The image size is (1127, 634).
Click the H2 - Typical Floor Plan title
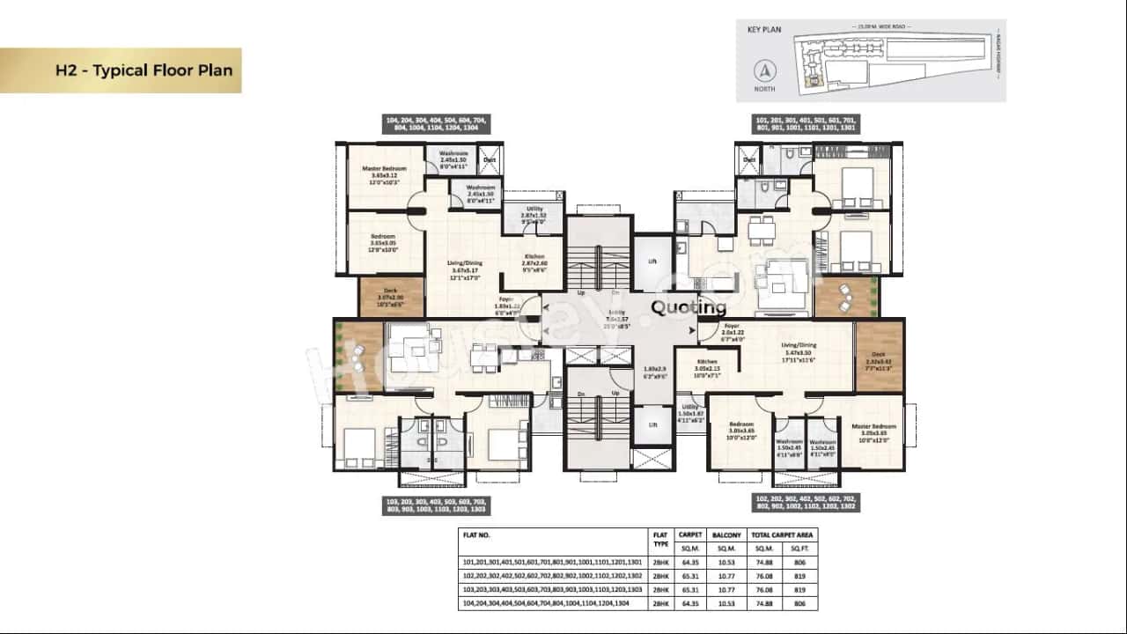pos(144,70)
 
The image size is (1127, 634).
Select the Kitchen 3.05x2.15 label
pos(707,365)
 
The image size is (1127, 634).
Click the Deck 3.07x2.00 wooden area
pos(390,298)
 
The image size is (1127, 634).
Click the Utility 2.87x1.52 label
pos(534,216)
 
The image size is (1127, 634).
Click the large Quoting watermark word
pos(689,307)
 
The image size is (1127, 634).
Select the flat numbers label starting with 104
pos(436,123)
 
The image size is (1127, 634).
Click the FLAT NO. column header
pos(476,534)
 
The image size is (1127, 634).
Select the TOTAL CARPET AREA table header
pos(782,534)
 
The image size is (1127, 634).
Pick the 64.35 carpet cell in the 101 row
pos(689,562)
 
